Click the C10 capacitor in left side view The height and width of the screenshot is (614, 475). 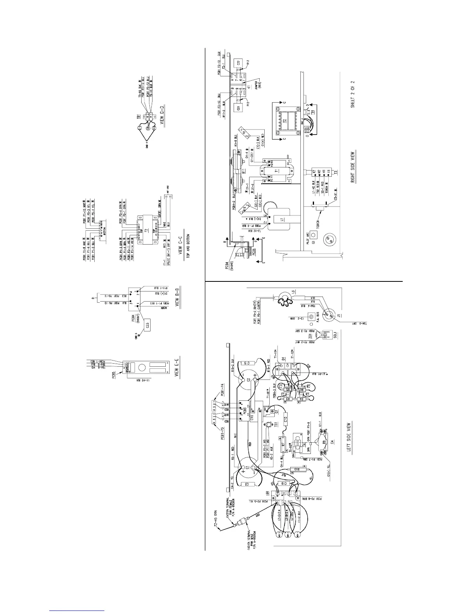(x=286, y=419)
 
